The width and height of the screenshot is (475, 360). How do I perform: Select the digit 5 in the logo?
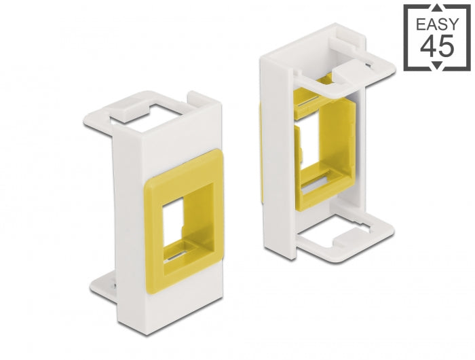[x=449, y=49]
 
